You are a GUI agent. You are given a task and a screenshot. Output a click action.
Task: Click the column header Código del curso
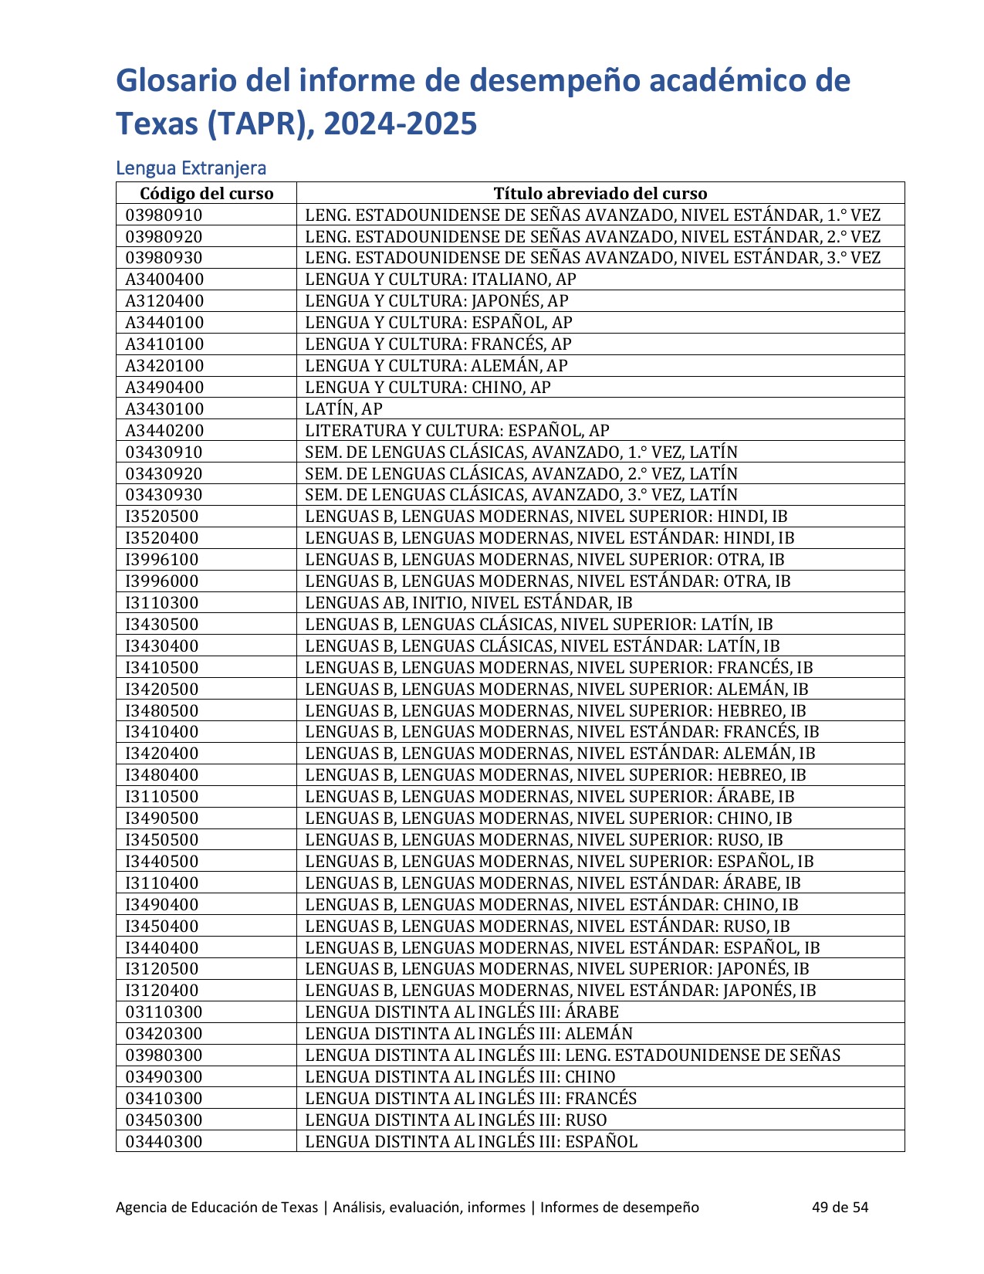tap(206, 193)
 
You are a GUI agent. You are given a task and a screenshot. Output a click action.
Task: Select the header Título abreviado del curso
tap(600, 193)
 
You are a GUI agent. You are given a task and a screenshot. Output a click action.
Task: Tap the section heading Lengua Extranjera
tap(191, 168)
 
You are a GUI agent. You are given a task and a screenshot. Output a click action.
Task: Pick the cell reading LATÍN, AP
tap(343, 409)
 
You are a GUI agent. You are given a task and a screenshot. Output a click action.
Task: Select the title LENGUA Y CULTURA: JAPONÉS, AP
tap(437, 301)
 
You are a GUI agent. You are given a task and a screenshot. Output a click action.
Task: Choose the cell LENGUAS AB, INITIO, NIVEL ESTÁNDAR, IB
tap(468, 603)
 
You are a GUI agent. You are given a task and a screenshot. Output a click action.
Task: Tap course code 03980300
tap(164, 1055)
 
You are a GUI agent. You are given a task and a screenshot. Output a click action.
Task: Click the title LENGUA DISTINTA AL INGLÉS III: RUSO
tap(455, 1120)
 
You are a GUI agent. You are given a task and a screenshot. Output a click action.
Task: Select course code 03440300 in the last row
tap(164, 1142)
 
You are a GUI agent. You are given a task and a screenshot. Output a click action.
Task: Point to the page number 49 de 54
tap(840, 1207)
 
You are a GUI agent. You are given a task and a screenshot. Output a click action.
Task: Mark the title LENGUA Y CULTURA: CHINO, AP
tap(428, 388)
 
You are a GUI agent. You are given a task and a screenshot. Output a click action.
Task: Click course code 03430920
tap(164, 474)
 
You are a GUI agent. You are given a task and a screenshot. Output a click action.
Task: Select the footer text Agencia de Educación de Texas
tap(216, 1207)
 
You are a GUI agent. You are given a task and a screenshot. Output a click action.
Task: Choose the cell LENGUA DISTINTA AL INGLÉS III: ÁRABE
tap(462, 1012)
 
